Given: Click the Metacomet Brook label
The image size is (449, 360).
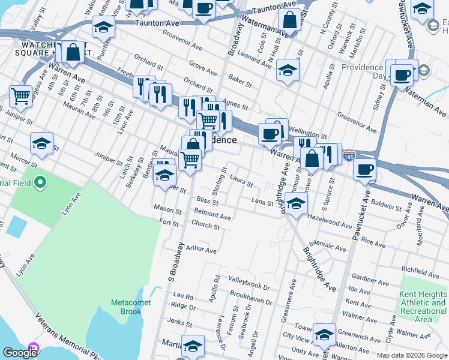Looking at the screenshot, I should (126, 307).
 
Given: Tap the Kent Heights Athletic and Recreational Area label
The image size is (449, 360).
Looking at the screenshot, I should (423, 307).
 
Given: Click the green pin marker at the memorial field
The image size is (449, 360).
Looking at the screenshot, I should (40, 181).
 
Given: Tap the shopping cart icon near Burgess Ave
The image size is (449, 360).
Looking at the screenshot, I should (20, 95).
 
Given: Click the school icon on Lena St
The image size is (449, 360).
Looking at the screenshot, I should (296, 203).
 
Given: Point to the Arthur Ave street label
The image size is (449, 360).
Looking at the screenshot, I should (200, 249).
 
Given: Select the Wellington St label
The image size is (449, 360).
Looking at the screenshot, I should (308, 136).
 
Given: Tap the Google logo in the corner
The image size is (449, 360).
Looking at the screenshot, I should (20, 353).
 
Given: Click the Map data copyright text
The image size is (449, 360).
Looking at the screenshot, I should (412, 355).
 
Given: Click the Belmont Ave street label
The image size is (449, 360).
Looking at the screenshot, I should (212, 215).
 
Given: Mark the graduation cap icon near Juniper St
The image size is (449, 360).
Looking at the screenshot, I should (41, 143).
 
